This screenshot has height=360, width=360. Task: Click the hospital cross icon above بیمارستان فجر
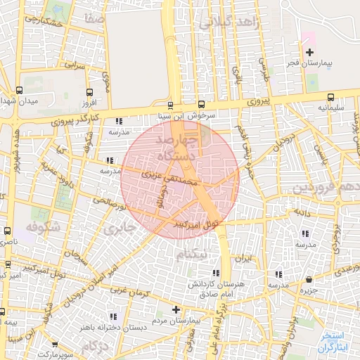pyautogui.click(x=309, y=51)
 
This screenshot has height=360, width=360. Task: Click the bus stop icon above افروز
pyautogui.click(x=89, y=91)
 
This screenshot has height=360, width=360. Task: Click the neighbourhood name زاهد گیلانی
pyautogui.click(x=229, y=25)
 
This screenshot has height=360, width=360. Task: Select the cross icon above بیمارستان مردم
pyautogui.click(x=176, y=309)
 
